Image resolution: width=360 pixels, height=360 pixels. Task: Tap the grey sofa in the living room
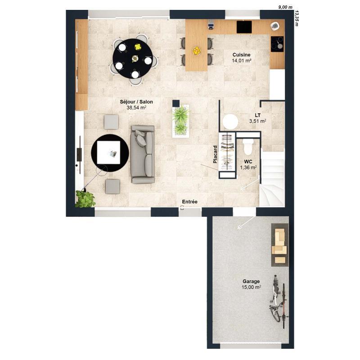coord(143,154)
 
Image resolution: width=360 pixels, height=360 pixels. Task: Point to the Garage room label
coord(251,281)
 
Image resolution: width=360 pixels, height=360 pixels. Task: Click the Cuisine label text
coord(241,54)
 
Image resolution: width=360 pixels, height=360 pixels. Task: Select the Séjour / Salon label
coord(136,102)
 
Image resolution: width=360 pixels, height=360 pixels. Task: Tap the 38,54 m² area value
coord(136,108)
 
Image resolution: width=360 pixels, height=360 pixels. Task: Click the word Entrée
coord(189,202)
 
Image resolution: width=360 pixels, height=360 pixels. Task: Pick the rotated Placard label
coord(216,154)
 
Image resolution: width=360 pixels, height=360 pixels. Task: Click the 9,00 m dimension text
coord(285,7)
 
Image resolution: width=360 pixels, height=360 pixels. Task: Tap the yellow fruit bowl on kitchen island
coord(197,51)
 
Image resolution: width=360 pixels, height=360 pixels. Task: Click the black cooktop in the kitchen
coord(277,42)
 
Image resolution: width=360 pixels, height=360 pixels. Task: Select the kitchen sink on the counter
coord(244,27)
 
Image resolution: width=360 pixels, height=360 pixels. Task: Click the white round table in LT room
coord(230,121)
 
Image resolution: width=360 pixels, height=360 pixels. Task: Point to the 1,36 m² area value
coord(248,167)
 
